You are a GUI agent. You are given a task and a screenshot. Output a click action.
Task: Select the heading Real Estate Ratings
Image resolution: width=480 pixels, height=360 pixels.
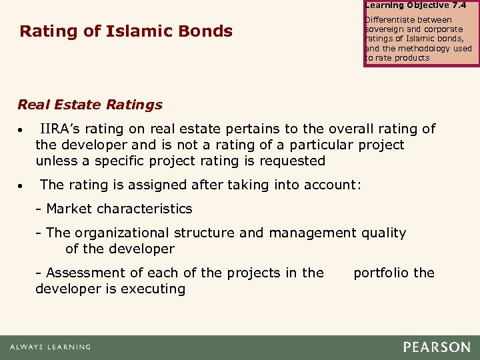(x=90, y=105)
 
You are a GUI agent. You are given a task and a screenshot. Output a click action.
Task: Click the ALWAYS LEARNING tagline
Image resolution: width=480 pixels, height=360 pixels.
(x=51, y=347)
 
